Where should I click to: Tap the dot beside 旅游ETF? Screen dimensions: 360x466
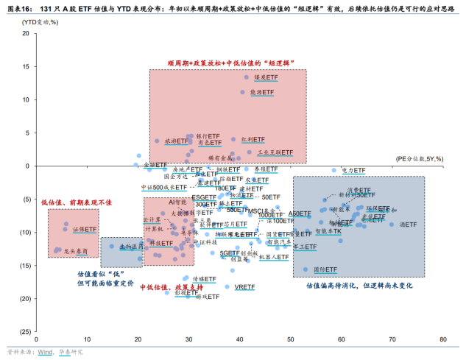[x=157, y=141]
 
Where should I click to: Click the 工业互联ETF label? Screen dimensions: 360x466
[x=275, y=153]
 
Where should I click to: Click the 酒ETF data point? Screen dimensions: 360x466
[x=392, y=225]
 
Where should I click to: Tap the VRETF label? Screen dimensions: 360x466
[x=244, y=287]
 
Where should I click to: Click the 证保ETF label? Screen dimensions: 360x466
[x=85, y=230]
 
